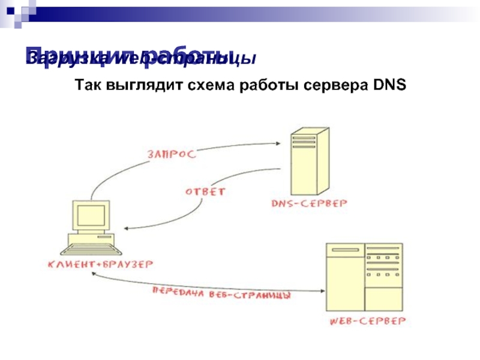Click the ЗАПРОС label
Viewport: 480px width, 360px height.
tap(171, 154)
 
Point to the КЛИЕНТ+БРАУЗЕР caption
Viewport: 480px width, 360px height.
tap(101, 263)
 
